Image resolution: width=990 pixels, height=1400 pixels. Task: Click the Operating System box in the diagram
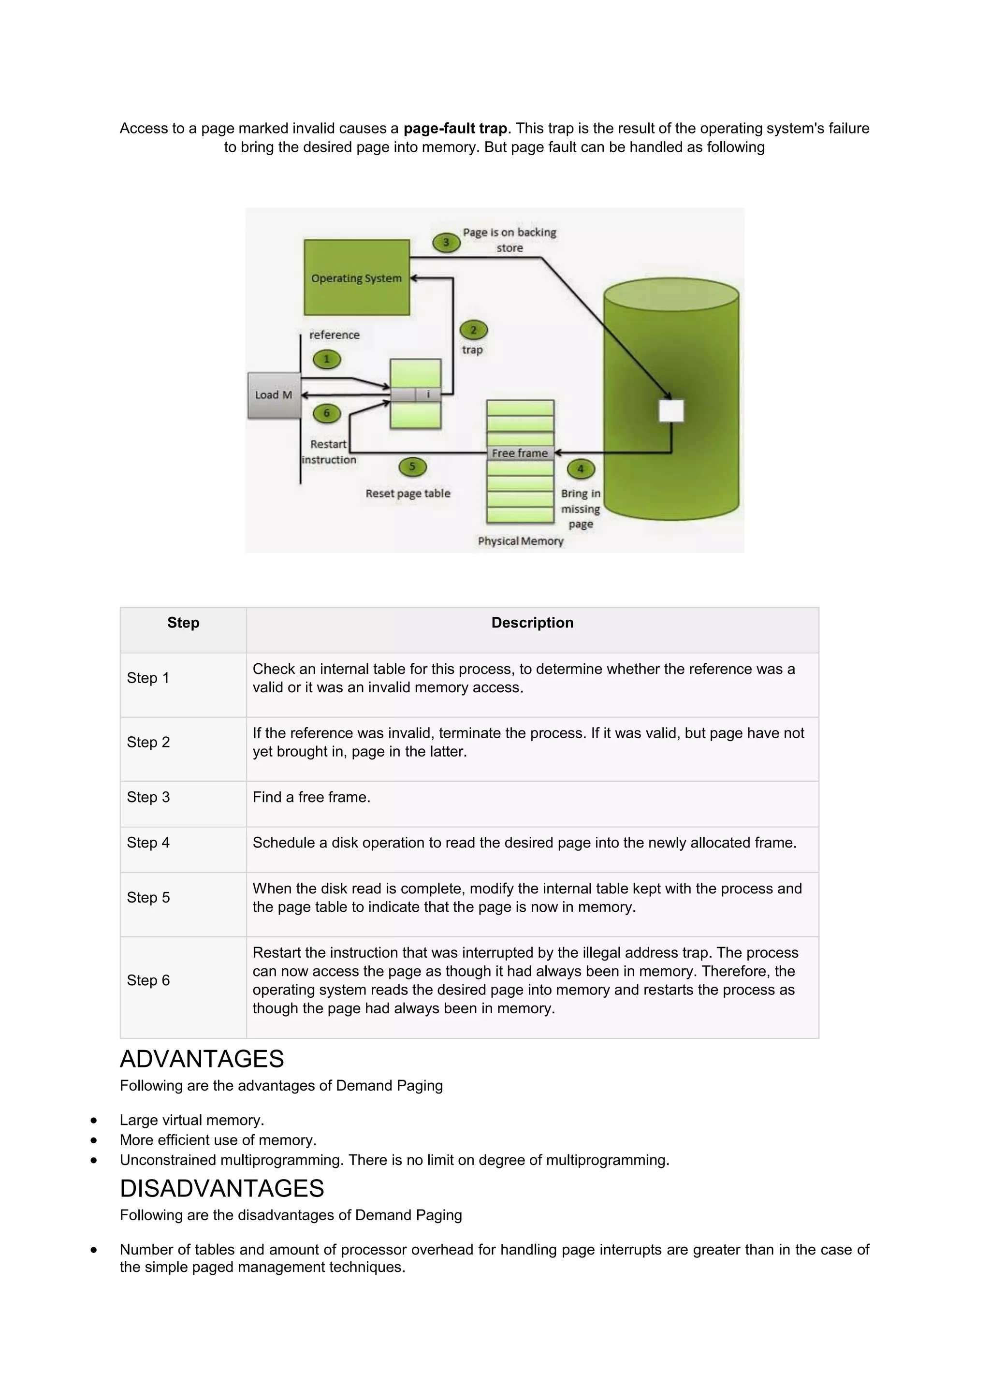(357, 277)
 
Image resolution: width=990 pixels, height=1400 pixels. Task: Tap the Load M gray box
(274, 395)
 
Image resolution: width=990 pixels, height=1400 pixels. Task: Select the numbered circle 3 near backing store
(446, 243)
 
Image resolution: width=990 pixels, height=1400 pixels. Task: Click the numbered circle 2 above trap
(473, 331)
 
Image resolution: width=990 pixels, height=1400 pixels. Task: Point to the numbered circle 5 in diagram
(412, 467)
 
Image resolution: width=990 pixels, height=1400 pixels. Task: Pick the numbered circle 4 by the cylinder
(581, 469)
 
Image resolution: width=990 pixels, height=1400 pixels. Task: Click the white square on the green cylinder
(671, 411)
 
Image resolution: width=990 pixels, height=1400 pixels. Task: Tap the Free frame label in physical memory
(519, 453)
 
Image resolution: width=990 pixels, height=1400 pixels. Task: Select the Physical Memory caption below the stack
(520, 541)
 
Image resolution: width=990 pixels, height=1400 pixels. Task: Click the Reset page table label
(408, 493)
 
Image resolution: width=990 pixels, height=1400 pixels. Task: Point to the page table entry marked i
(429, 394)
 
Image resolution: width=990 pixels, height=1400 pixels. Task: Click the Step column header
(183, 623)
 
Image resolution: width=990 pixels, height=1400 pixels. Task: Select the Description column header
(532, 623)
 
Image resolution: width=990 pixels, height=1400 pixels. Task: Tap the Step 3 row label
(148, 797)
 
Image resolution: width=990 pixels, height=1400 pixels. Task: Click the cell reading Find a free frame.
(311, 797)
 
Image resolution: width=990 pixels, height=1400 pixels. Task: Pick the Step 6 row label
(148, 980)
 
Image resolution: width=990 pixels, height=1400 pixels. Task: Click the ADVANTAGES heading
(202, 1059)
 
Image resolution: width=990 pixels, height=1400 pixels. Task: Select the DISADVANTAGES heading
(222, 1188)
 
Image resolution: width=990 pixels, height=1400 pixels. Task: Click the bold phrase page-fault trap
(455, 129)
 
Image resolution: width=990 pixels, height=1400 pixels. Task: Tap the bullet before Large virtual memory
(93, 1120)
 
